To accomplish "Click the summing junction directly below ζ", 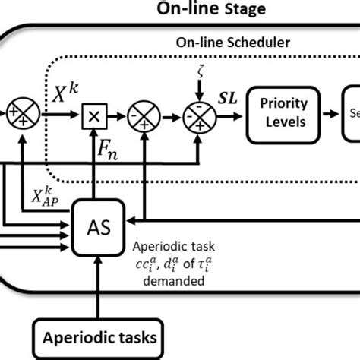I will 199,117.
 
